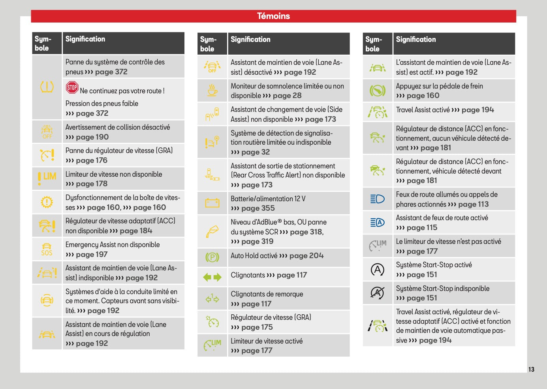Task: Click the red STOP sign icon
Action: tap(72, 87)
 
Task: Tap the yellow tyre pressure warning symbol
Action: tap(47, 87)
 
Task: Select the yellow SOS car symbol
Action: tap(47, 249)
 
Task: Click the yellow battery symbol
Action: tap(212, 203)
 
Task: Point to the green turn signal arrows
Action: tap(212, 277)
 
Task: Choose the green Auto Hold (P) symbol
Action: tap(212, 257)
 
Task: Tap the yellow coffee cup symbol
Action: tap(212, 90)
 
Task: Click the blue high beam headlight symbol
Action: tap(377, 199)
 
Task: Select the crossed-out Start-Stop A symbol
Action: tap(377, 293)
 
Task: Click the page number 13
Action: tap(531, 369)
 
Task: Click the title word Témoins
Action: tap(273, 16)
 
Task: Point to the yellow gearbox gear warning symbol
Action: tap(47, 202)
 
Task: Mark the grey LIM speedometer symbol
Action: tap(378, 245)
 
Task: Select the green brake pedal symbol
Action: tap(377, 91)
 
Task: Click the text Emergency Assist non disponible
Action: tap(113, 245)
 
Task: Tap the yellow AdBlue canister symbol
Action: tap(212, 231)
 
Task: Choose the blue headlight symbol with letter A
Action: tap(377, 223)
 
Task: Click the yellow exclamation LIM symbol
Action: tap(47, 178)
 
